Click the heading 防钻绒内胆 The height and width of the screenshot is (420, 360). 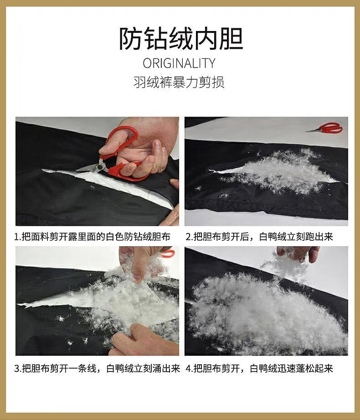coord(181,39)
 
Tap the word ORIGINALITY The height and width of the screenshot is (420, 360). coord(179,63)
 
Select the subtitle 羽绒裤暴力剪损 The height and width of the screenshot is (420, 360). coord(179,82)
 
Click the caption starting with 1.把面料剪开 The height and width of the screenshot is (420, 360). coord(93,237)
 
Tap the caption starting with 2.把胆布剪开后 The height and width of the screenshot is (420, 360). coord(259,237)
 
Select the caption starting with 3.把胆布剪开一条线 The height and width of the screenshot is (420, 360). coord(97,368)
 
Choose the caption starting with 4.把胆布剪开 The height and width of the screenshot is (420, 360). coord(259,368)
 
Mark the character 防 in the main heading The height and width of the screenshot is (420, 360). coord(130,39)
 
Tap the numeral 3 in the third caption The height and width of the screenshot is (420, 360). coord(16,369)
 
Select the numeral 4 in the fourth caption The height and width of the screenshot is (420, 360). coord(188,369)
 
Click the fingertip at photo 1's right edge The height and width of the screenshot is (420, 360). coord(175,184)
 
